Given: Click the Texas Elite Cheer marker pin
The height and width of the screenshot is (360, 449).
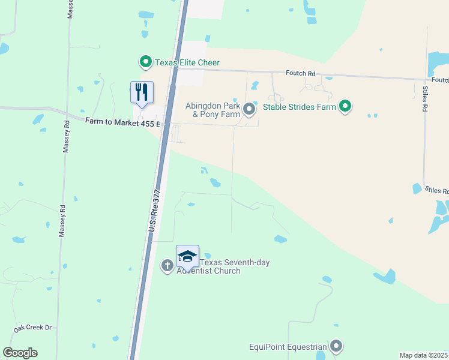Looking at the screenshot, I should coord(145,62).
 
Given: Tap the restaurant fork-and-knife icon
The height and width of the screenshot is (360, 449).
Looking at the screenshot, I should coord(142,92).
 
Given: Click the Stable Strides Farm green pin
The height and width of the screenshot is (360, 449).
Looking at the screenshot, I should coord(345,107).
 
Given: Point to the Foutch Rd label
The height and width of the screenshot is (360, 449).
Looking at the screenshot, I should coord(301,73).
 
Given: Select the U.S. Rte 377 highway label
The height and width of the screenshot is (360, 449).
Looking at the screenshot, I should coord(155,210).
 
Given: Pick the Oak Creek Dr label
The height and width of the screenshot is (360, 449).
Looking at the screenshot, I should coord(33,329).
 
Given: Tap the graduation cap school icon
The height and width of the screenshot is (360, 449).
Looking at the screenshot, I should coord(187,256).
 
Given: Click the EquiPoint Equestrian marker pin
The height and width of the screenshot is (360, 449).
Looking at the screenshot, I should coord(336,346).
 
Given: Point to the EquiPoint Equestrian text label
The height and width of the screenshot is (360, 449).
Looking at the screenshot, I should coord(288,347).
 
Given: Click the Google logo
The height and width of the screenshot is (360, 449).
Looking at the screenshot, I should coord(20,353).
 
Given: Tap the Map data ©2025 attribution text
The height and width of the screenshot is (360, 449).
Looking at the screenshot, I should coord(424,355).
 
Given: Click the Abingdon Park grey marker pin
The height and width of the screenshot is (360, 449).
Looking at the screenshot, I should coord(250,109).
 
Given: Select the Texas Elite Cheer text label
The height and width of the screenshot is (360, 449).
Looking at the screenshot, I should coord(187,62).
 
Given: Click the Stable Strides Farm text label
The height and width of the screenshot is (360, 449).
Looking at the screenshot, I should coord(297,109).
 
